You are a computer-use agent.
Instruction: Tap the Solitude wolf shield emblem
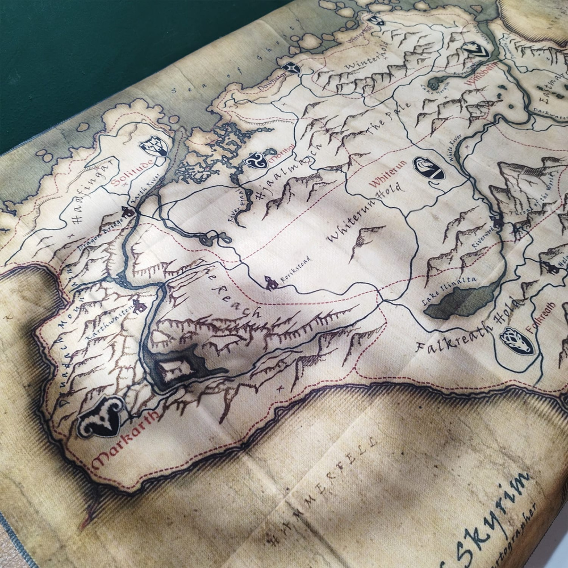pyautogui.click(x=153, y=145)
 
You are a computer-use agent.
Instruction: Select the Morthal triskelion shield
pyautogui.click(x=256, y=161)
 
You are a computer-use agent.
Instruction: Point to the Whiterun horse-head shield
pyautogui.click(x=429, y=168)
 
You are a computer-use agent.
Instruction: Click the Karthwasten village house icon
pyautogui.click(x=140, y=307)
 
